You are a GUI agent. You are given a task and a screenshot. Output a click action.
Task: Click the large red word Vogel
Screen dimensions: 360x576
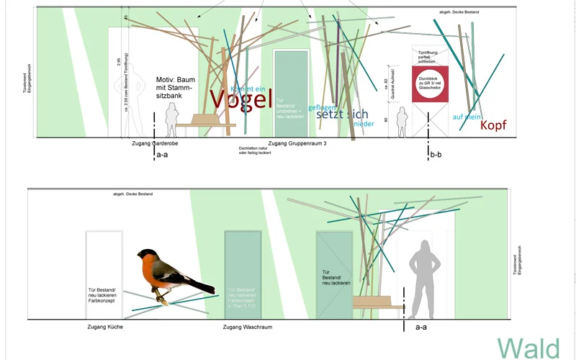(240, 99)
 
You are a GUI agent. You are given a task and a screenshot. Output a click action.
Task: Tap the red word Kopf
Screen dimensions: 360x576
(493, 125)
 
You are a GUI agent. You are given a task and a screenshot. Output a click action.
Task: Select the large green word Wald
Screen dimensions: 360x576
(528, 348)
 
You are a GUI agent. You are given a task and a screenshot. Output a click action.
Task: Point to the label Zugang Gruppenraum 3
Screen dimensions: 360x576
(298, 144)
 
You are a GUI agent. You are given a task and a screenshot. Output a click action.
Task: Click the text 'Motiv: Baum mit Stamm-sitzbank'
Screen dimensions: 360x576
(174, 88)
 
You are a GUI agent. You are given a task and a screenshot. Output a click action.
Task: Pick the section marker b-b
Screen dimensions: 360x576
(436, 154)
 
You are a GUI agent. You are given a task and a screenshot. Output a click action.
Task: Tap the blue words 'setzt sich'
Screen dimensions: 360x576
(342, 114)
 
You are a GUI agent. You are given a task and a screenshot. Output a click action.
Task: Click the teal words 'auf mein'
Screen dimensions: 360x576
(467, 117)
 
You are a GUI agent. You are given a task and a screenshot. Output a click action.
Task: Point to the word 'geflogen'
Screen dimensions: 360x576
(323, 107)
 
